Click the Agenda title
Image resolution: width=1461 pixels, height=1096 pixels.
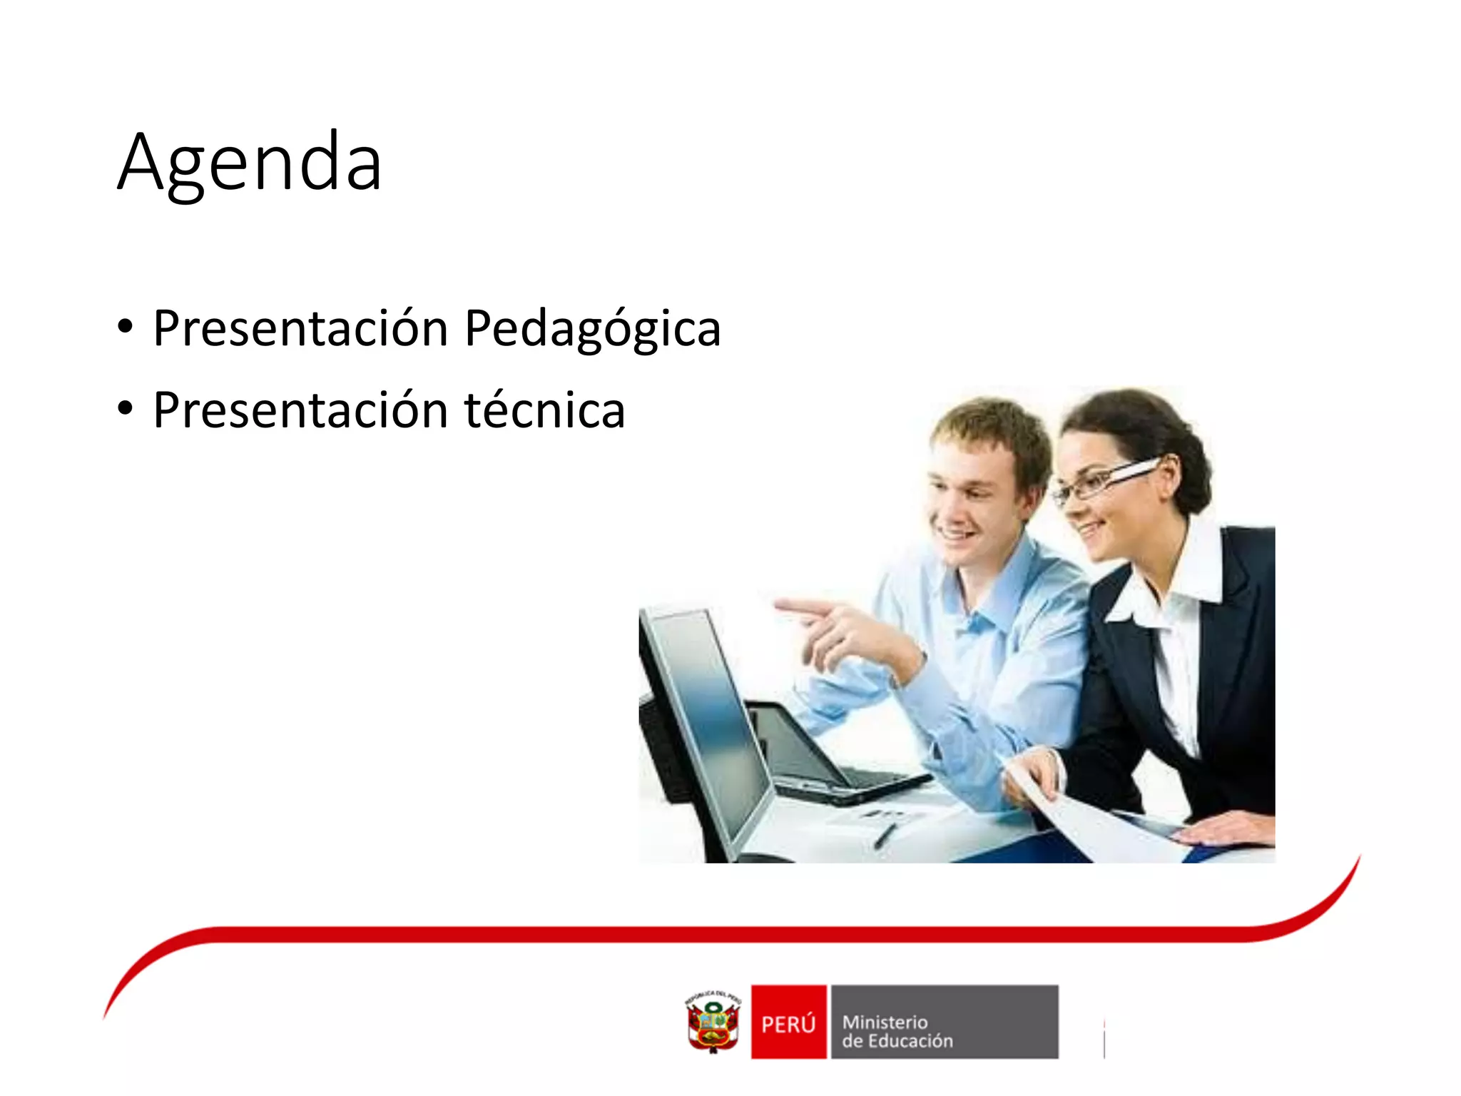[250, 163]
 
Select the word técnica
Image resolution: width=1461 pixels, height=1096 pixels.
[545, 411]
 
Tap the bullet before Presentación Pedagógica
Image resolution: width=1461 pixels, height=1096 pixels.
[126, 328]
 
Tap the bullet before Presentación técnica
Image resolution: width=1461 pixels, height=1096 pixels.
[126, 410]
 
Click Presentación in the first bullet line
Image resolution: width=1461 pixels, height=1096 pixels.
[300, 329]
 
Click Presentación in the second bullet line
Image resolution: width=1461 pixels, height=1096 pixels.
[300, 411]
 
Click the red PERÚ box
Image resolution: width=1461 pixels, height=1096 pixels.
[788, 1023]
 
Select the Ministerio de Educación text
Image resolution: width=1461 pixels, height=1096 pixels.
[897, 1031]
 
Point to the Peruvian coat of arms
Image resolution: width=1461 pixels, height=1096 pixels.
[713, 1023]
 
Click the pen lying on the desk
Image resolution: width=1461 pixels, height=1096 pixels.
[885, 835]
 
